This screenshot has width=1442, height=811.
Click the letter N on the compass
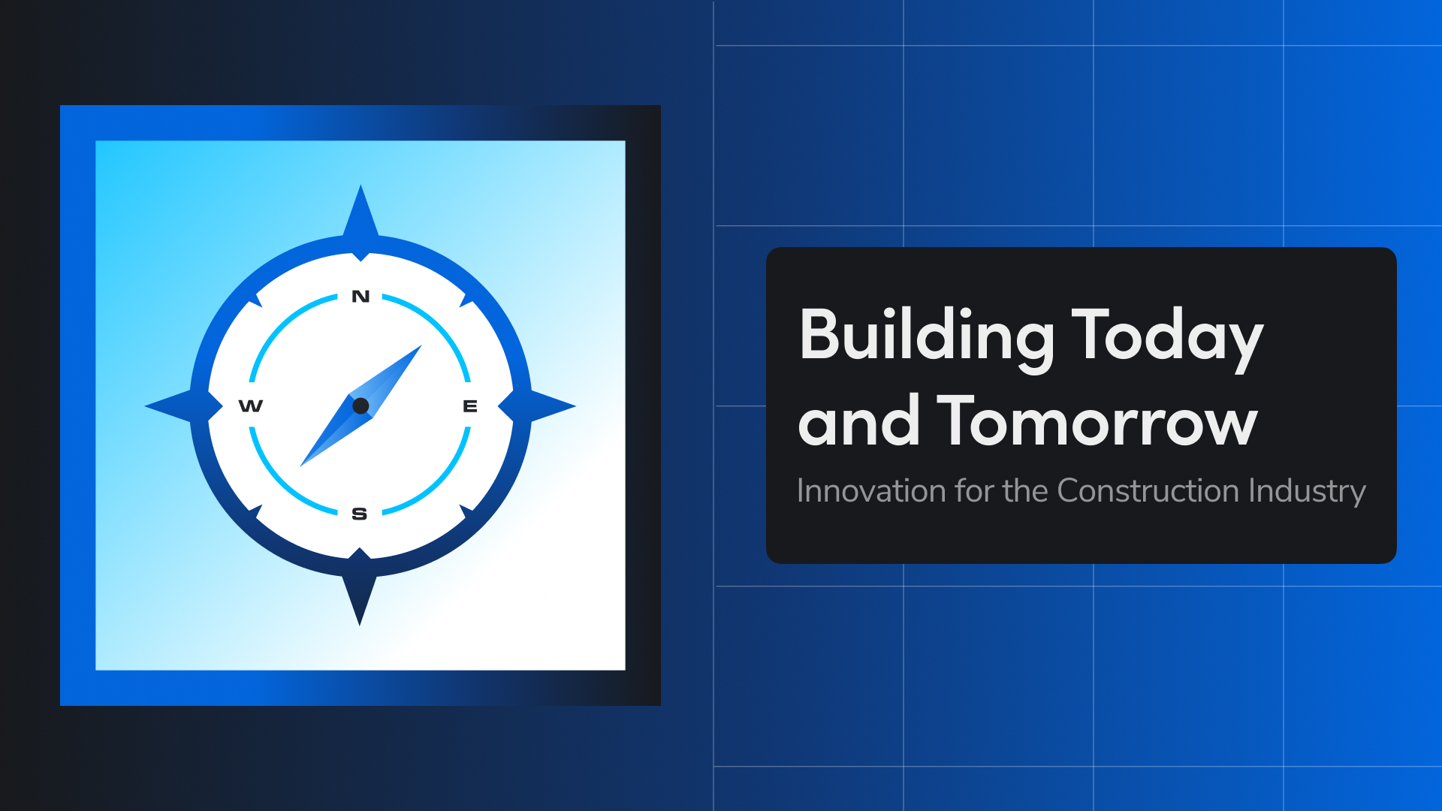pos(360,297)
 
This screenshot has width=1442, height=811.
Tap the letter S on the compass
pos(360,514)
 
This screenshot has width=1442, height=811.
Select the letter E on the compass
pos(470,406)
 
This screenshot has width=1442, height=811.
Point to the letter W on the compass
pos(251,406)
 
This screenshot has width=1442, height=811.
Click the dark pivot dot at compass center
pos(360,406)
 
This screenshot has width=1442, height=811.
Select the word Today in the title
pos(1167,336)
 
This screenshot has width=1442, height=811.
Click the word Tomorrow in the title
pos(1097,422)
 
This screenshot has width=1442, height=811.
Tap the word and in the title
pos(858,422)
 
